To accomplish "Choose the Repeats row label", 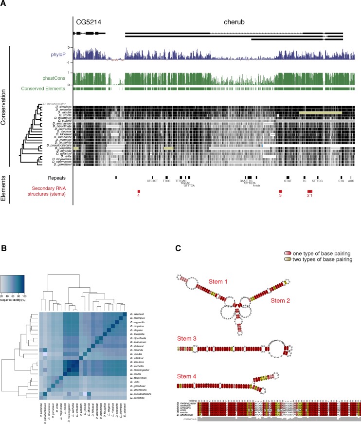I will coord(60,178).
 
